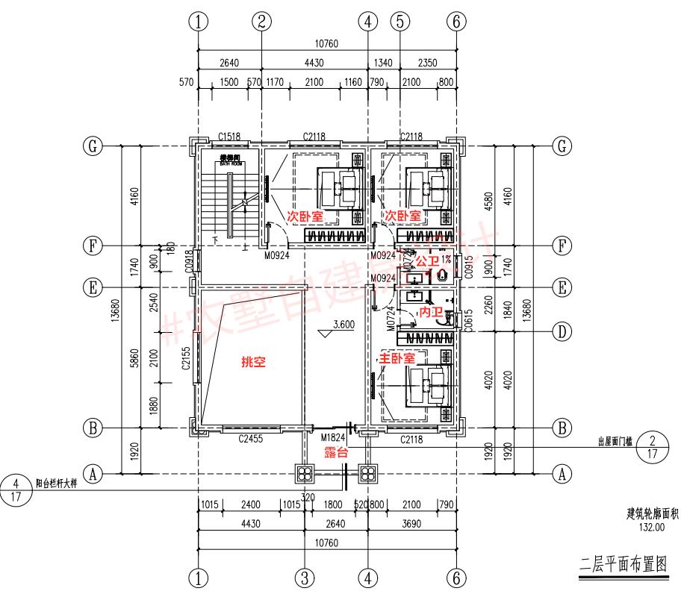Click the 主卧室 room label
(398, 359)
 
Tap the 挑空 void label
(252, 362)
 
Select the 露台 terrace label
(335, 454)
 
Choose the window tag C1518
(229, 136)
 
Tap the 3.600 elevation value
(341, 325)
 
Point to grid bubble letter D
(562, 331)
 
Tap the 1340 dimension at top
(383, 63)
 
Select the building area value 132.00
(650, 527)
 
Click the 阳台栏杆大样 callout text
(55, 482)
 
